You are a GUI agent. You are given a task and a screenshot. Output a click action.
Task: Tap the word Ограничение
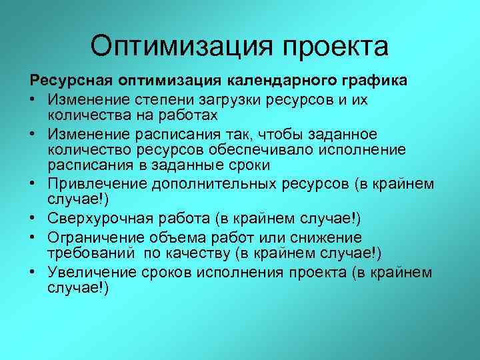point(92,238)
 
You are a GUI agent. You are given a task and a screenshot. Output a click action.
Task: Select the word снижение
point(329,238)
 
